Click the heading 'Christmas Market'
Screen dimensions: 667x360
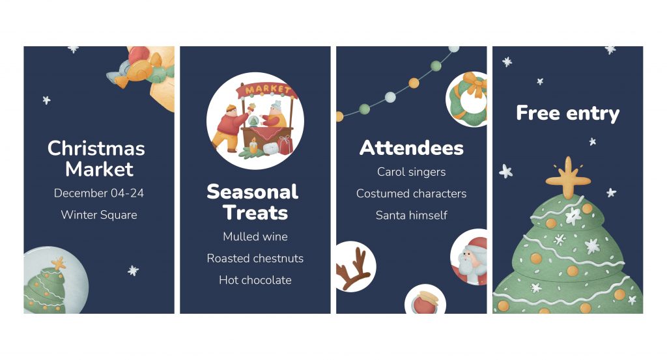coord(96,159)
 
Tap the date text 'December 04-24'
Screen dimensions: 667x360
coord(99,193)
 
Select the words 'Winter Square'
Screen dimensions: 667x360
coord(99,215)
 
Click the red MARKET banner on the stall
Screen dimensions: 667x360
coord(268,90)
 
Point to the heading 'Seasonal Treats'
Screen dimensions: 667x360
coord(253,202)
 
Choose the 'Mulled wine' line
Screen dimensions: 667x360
coord(255,236)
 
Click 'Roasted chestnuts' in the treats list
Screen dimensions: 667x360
coord(255,258)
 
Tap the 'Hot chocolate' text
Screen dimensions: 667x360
coord(255,280)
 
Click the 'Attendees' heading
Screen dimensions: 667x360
coord(412,148)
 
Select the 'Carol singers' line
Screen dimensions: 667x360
coord(412,172)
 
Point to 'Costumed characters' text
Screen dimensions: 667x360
coord(412,193)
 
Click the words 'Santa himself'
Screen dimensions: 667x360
coord(412,215)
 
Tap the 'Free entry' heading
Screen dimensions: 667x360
coord(568,113)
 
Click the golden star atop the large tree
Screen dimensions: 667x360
coord(568,178)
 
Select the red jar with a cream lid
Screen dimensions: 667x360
coord(424,303)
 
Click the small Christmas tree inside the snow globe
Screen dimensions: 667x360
coord(44,288)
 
